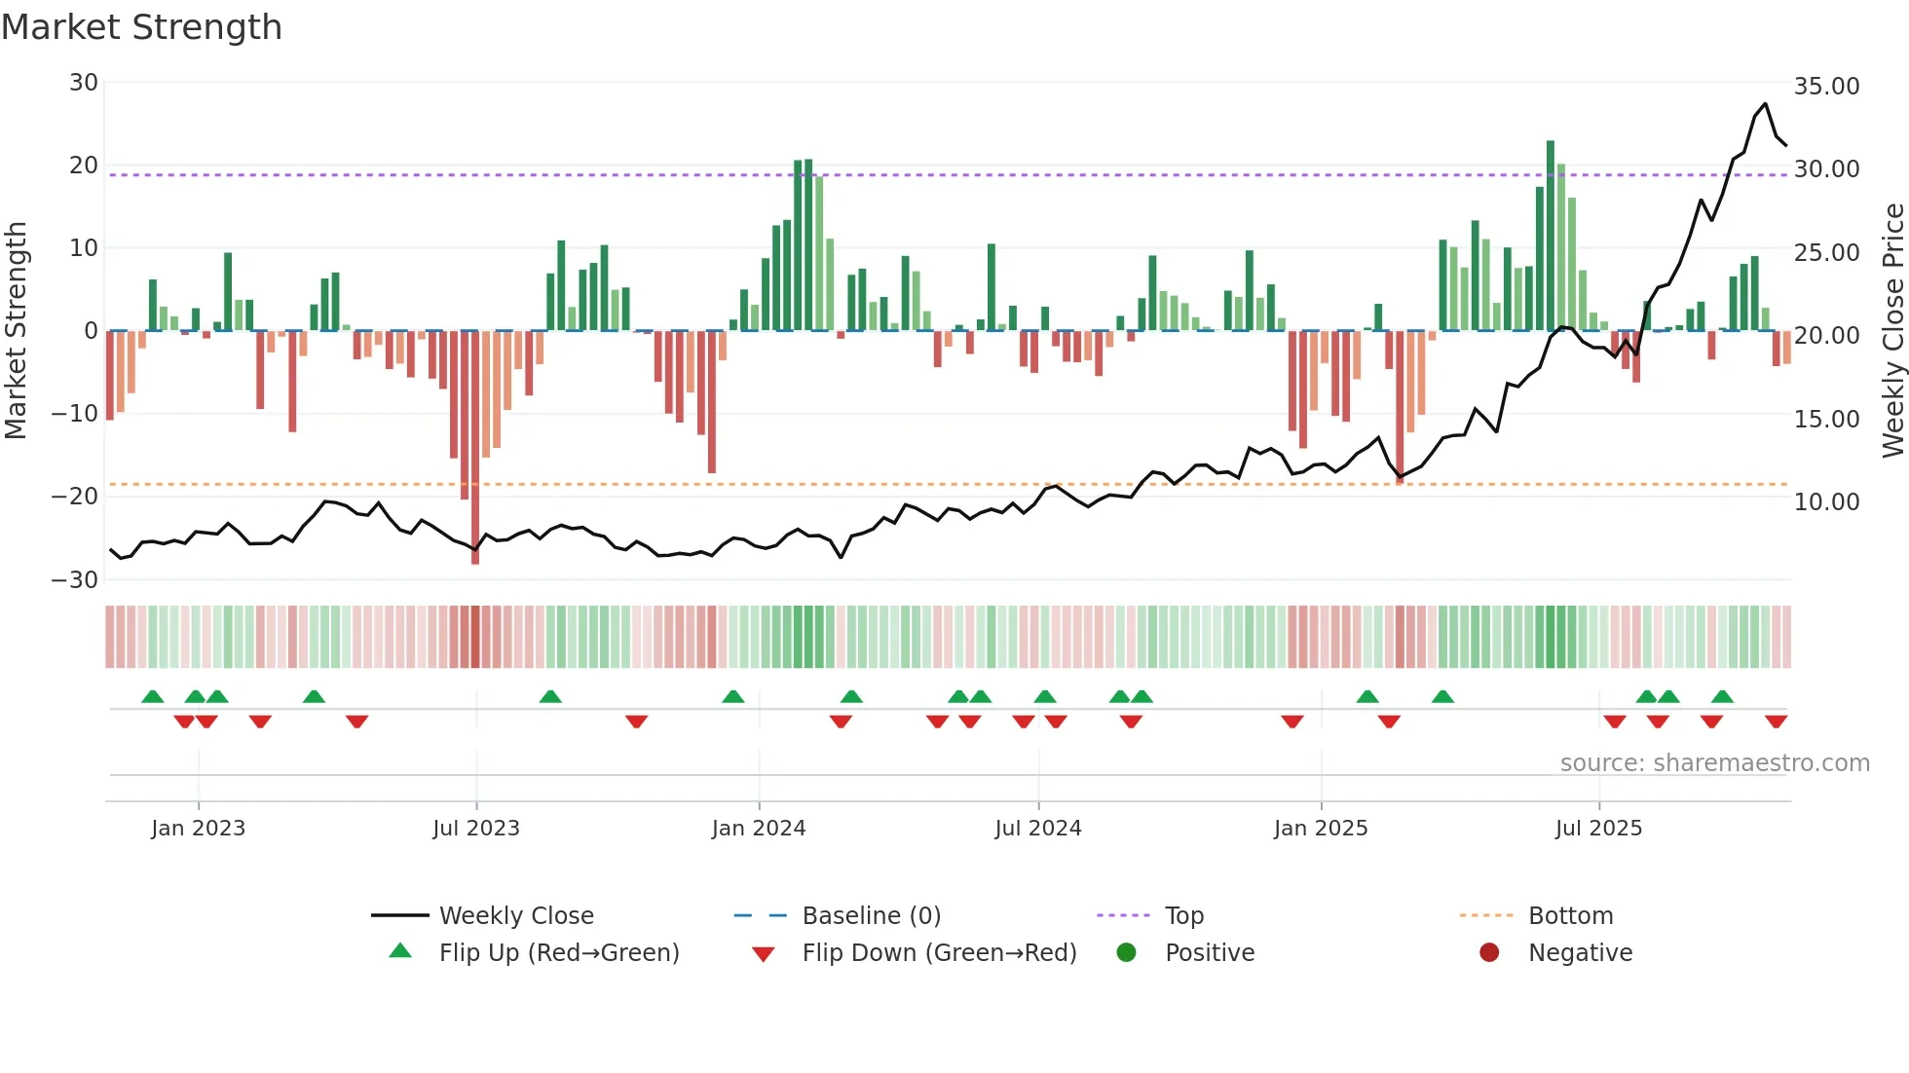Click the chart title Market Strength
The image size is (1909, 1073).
141,27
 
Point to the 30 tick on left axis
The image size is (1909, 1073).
84,83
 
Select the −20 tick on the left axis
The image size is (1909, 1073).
75,497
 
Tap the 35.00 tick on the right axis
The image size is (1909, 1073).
1826,87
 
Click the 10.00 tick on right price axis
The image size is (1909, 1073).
1826,502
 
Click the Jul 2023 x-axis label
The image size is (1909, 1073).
476,829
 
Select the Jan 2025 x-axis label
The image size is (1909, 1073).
1321,829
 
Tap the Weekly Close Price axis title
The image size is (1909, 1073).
1892,331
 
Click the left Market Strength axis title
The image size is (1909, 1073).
17,331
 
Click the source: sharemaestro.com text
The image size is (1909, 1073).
1714,763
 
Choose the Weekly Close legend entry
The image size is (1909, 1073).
515,916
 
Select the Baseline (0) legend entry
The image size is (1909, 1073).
871,916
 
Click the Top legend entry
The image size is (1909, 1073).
1183,916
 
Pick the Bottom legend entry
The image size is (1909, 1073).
1570,916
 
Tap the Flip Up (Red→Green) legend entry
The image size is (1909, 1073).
558,953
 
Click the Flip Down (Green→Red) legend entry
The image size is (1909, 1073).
939,953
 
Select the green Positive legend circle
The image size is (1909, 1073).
1127,953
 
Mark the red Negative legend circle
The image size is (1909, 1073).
1489,953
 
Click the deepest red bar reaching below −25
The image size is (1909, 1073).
475,448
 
